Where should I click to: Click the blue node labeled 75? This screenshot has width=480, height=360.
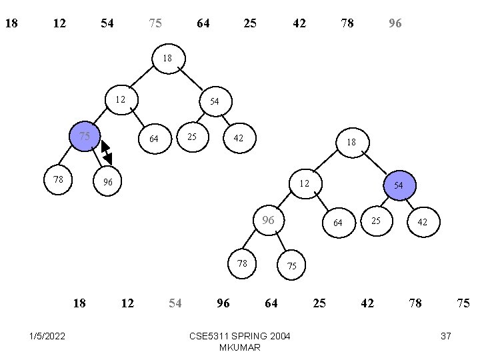pos(85,137)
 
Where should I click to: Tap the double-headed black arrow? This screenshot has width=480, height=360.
pos(106,152)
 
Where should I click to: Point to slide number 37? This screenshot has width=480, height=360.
pos(446,336)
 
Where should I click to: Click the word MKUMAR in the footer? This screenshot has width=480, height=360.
pos(239,347)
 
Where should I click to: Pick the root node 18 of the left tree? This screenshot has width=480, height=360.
pos(167,59)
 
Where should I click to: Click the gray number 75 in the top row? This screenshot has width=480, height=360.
pos(155,24)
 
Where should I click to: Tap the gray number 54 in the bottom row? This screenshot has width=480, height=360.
pos(175,303)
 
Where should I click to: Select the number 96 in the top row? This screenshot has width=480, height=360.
pos(395,24)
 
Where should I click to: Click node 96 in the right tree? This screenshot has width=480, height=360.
pos(269,221)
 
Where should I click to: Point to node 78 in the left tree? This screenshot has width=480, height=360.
pos(58,179)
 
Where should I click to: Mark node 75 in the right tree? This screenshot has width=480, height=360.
pos(291,265)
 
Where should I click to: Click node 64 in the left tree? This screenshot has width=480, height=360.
pos(154,139)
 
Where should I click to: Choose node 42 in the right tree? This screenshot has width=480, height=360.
pos(423,223)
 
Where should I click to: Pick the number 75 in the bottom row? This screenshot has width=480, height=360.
pos(463,303)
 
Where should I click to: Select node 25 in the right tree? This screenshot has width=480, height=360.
pos(375,221)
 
